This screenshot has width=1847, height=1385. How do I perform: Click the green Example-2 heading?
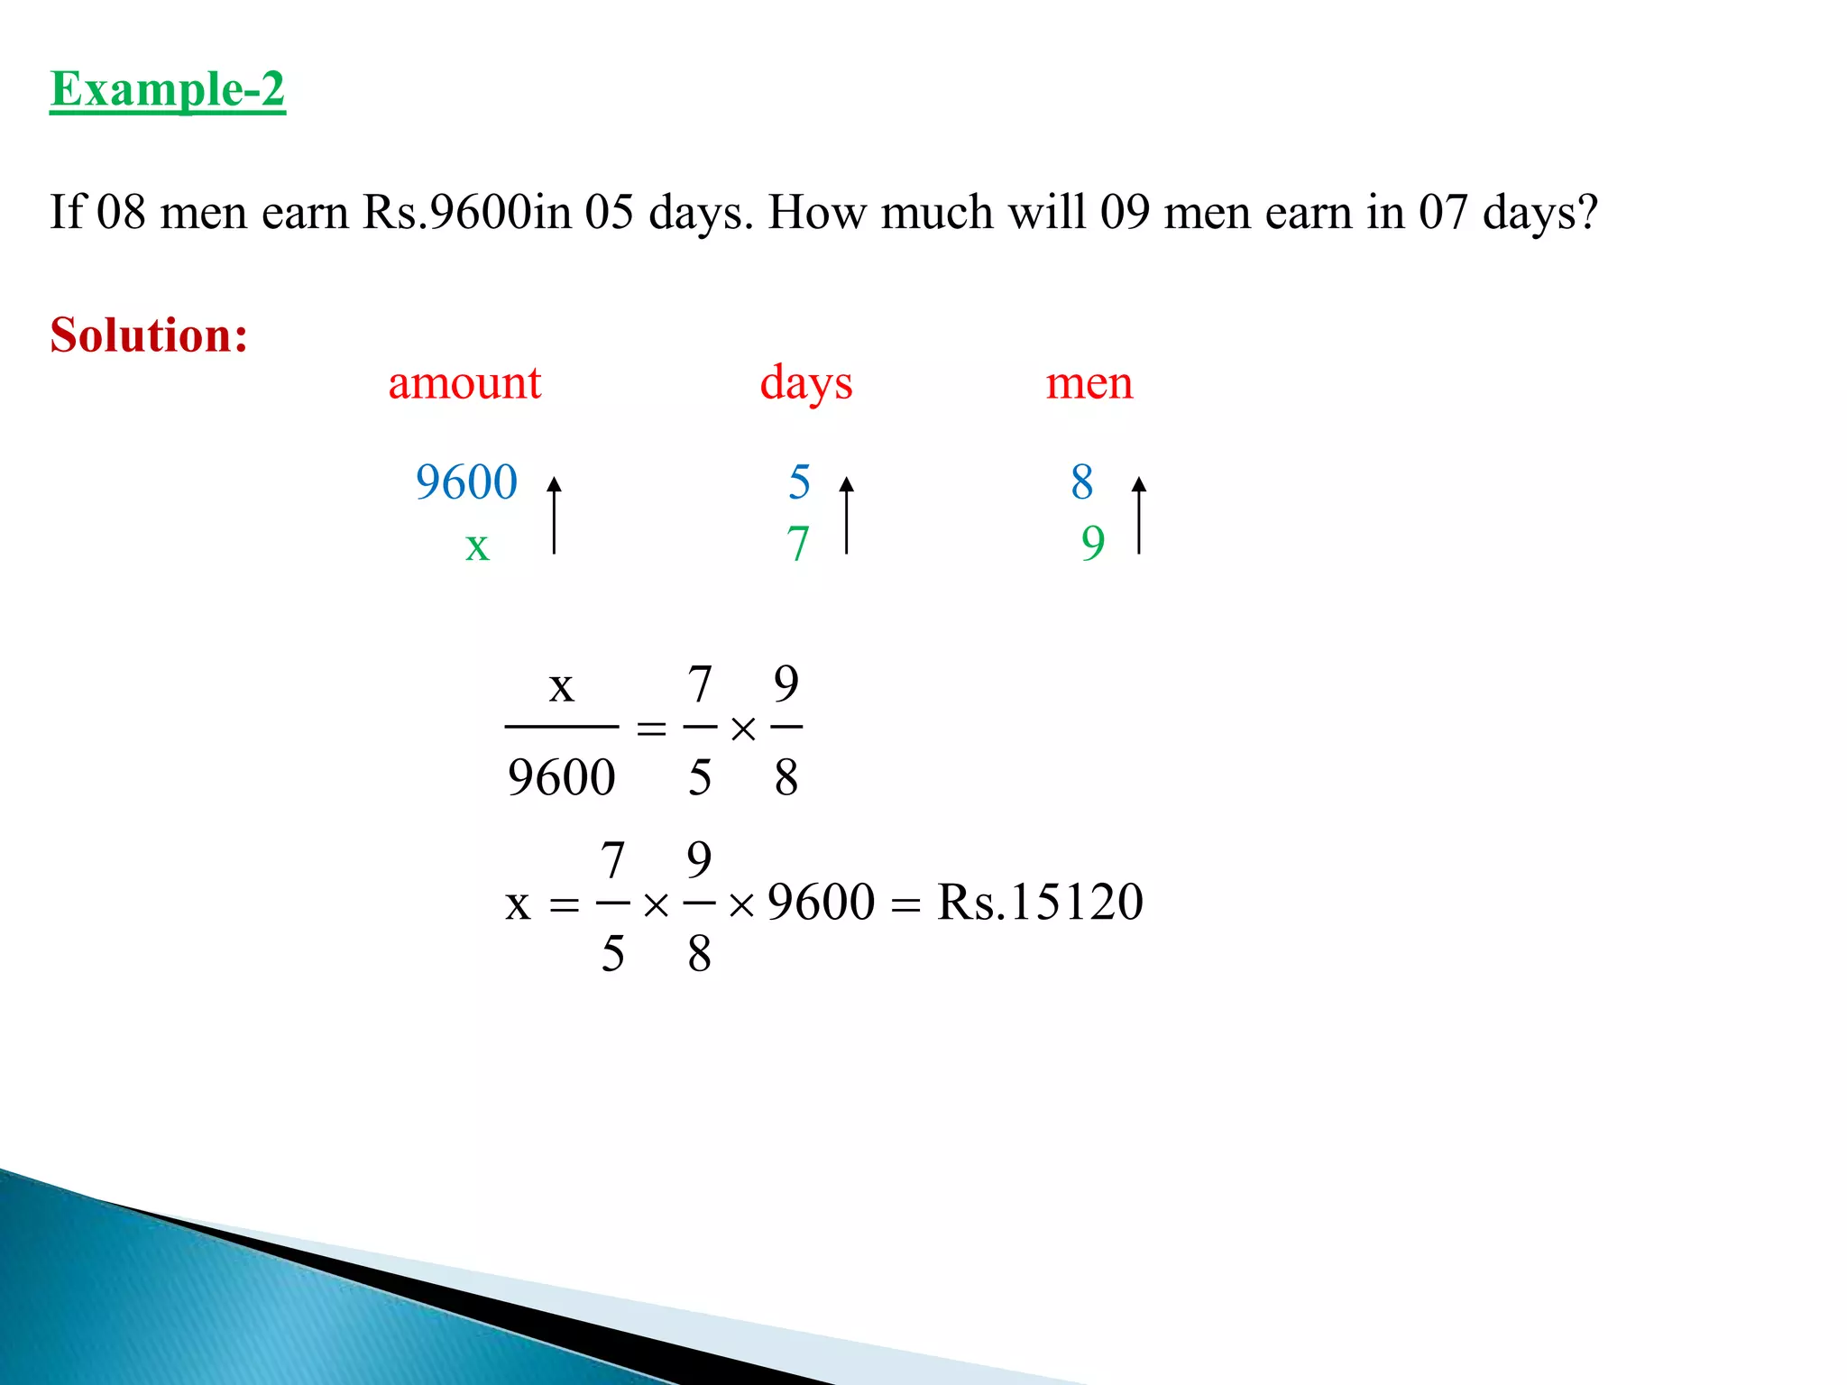pos(168,89)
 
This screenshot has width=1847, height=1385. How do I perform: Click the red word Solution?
pos(149,335)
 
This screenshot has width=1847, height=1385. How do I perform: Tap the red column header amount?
pos(464,383)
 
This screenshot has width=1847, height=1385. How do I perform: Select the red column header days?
pos(805,383)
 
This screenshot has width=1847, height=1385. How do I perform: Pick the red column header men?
pos(1089,383)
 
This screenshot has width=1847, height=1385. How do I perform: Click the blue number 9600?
pos(466,482)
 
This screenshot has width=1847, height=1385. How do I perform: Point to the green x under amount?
pos(477,546)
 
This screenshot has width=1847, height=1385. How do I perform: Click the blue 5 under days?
pos(799,482)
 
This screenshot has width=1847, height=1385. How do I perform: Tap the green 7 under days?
pos(797,544)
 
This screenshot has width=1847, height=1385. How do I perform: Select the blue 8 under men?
pos(1082,482)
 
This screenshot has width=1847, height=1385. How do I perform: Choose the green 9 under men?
pos(1093,544)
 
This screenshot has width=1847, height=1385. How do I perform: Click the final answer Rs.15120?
pos(1040,902)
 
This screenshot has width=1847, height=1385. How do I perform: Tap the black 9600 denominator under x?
pos(561,777)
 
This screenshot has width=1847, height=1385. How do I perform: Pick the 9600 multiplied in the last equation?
pos(821,902)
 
